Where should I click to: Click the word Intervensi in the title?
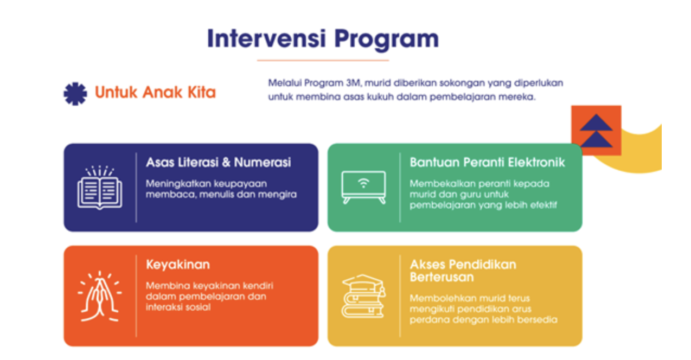click(266, 38)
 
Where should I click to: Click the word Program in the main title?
click(387, 41)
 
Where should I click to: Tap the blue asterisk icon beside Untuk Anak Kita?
click(75, 94)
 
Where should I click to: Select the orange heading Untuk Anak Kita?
click(155, 92)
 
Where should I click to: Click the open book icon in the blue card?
click(100, 188)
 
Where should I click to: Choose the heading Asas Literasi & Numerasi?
click(219, 162)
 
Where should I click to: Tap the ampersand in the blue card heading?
click(226, 163)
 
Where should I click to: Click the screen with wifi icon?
click(364, 187)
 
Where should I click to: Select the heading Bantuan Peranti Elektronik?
click(487, 162)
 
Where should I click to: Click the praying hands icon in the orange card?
click(100, 297)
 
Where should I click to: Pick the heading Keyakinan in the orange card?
click(178, 265)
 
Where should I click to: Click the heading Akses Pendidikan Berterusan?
click(463, 271)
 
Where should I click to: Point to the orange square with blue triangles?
click(596, 130)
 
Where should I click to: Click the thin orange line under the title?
click(323, 61)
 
